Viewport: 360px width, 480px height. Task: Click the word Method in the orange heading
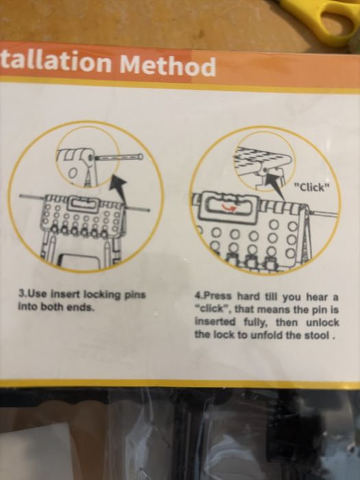click(x=168, y=65)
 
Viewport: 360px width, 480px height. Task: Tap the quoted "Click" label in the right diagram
click(x=312, y=187)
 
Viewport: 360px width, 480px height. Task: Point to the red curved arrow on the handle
click(x=228, y=208)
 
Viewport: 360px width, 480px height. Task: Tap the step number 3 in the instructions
click(x=21, y=294)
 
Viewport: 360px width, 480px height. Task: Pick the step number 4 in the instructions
click(x=197, y=296)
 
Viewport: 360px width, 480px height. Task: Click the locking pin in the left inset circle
click(x=119, y=158)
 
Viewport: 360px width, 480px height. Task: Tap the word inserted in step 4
click(x=215, y=322)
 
